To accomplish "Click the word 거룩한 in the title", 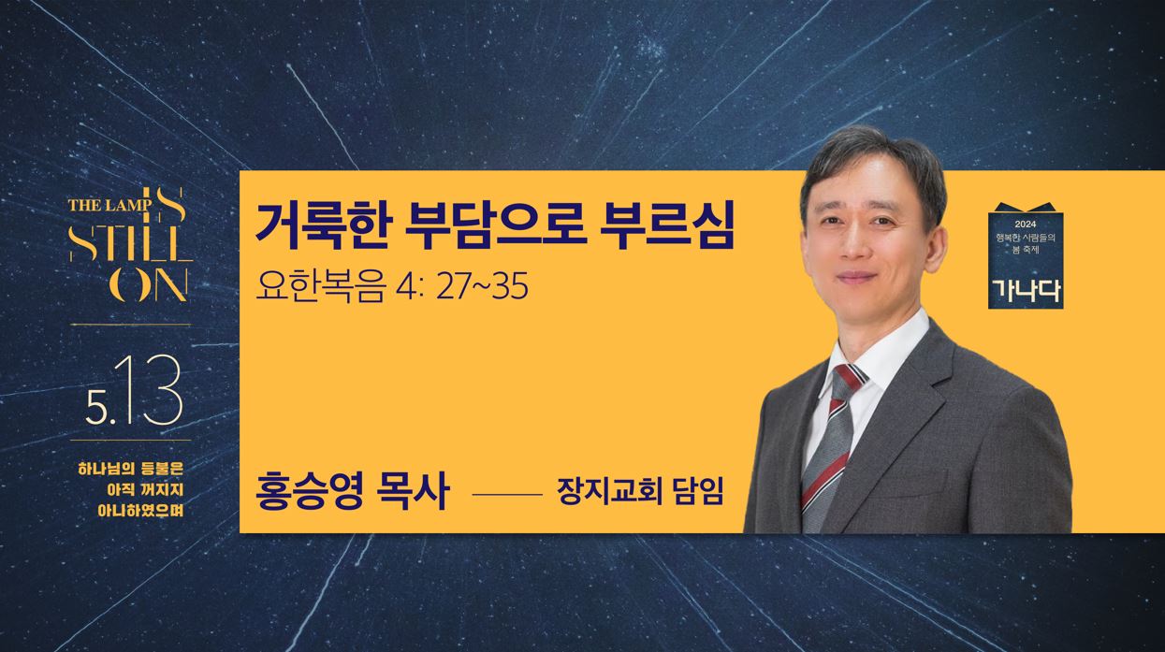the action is [x=320, y=226].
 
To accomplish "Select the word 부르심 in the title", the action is [x=667, y=226].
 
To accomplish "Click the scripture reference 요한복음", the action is [x=320, y=286].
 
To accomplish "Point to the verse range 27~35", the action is [x=482, y=286].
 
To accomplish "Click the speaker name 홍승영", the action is [x=309, y=491].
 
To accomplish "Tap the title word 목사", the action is [x=411, y=491].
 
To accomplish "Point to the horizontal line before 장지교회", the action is [x=507, y=495].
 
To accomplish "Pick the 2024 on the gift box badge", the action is [x=1026, y=225].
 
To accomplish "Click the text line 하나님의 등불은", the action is [x=130, y=468].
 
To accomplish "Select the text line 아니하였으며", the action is [x=140, y=510].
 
